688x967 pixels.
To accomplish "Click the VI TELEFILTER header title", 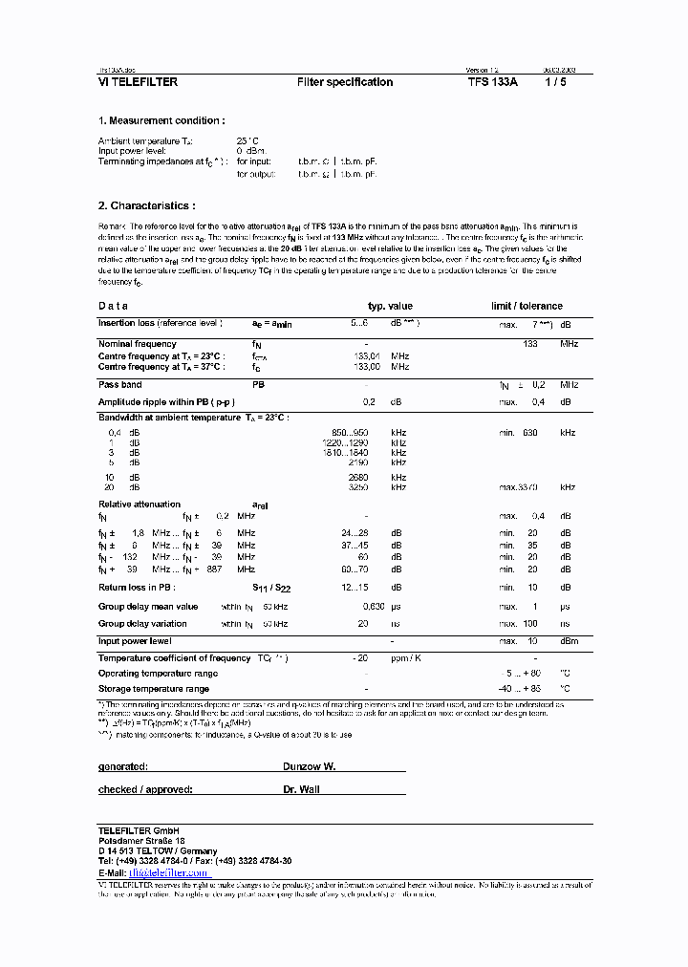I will click(138, 82).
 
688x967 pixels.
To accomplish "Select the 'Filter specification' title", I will click(345, 82).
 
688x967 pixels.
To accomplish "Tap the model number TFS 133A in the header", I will click(493, 82).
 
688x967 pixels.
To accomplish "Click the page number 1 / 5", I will click(555, 82).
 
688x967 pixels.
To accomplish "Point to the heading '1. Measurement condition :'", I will click(161, 121).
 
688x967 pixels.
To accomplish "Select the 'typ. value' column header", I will click(390, 306).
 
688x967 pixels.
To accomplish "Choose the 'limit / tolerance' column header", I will click(527, 306).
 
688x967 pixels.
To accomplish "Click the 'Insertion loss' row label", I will click(160, 324).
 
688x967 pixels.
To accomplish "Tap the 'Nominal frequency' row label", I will click(137, 344).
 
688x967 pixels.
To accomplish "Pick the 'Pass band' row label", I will click(120, 384).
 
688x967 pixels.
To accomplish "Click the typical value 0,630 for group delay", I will click(374, 607).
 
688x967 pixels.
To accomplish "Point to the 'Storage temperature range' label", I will click(153, 689).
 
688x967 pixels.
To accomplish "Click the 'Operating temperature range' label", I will click(158, 674).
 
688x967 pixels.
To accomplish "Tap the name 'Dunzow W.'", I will click(309, 767).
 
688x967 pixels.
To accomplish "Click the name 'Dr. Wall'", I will click(301, 789).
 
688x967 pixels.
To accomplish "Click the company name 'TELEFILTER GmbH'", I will click(138, 828).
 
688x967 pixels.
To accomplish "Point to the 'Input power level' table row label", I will click(135, 641).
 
